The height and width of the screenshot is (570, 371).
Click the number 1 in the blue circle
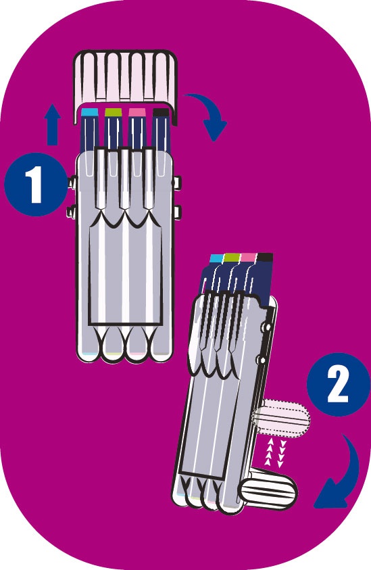coord(36,184)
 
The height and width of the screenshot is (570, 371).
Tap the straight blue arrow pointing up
coord(53,124)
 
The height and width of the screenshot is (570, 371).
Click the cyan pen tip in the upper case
coord(90,112)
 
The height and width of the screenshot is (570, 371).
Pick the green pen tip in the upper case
coord(113,112)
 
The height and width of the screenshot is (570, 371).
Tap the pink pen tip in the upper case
coord(137,112)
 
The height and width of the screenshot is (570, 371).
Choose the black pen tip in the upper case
coord(161,112)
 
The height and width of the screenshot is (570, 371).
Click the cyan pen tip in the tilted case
coord(217,258)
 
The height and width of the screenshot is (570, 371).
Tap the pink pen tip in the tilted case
coord(249,257)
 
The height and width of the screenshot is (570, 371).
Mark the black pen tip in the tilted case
coord(265,257)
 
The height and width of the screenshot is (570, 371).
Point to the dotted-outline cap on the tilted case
coord(282,418)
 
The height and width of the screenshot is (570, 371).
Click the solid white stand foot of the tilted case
coord(268,489)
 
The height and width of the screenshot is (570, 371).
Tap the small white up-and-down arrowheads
coord(276,452)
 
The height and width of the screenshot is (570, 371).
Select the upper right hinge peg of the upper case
coord(177,182)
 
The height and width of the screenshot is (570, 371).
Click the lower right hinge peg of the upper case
coord(177,212)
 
